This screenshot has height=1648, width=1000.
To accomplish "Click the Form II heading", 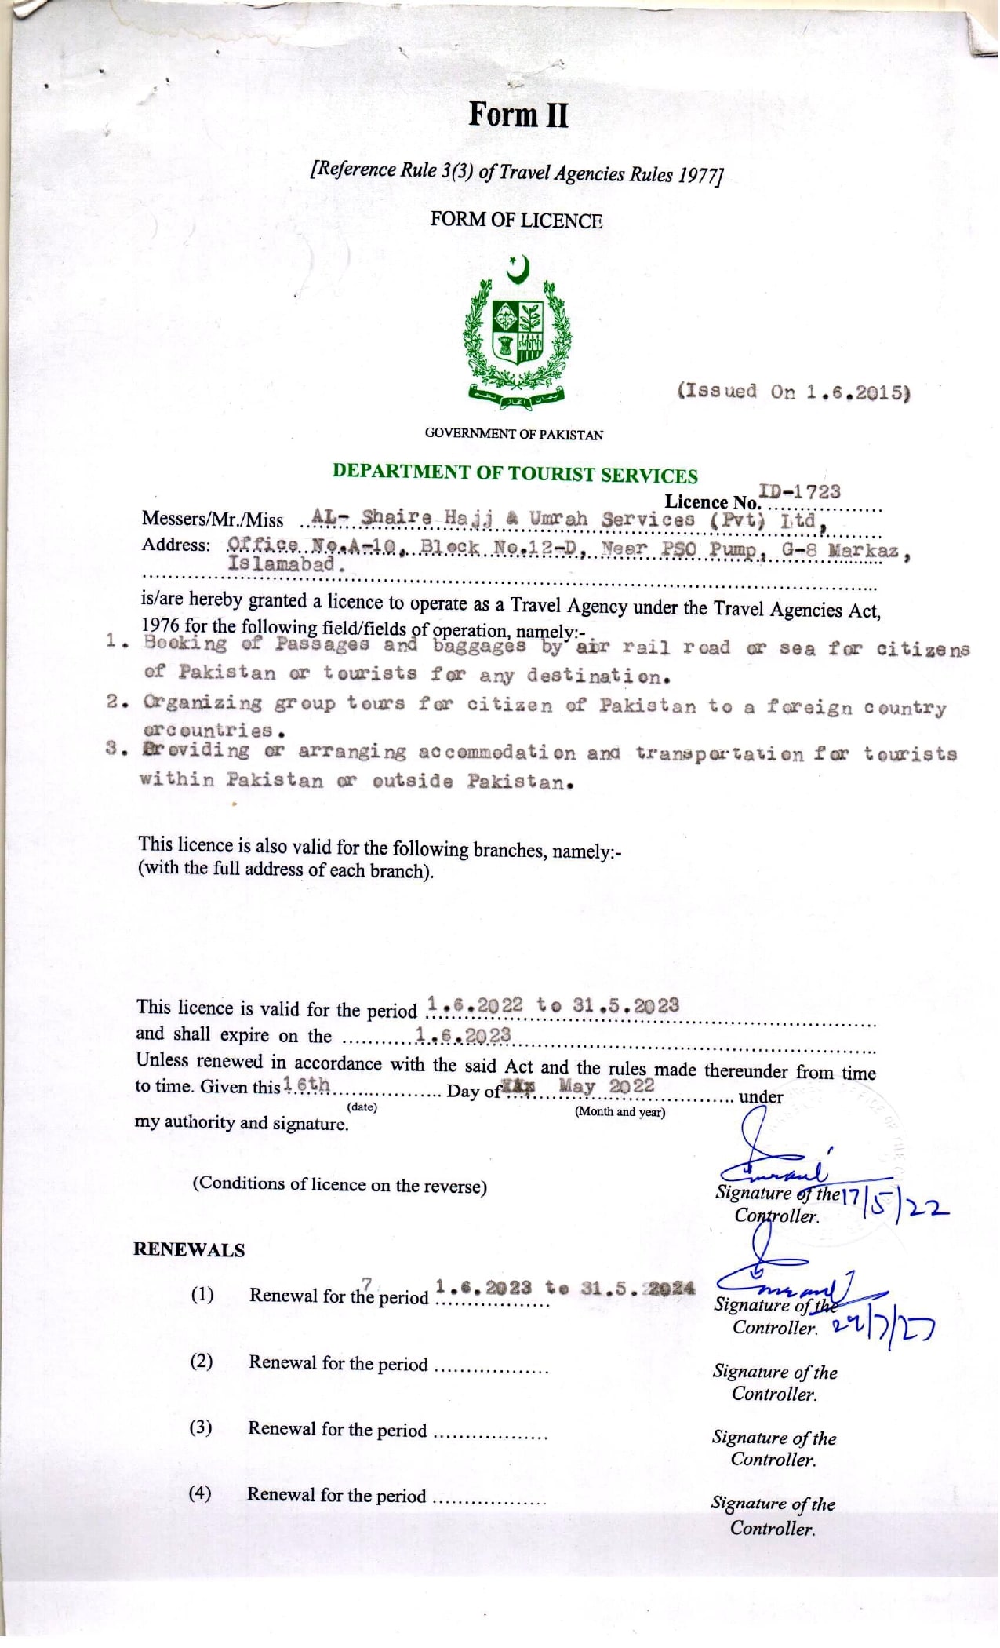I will (518, 115).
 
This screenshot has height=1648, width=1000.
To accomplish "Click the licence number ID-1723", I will (799, 492).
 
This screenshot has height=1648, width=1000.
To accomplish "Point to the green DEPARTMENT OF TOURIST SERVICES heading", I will (515, 474).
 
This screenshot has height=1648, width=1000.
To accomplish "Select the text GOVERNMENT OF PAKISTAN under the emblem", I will (514, 434).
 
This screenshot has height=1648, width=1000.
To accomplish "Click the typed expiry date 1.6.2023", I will (464, 1036).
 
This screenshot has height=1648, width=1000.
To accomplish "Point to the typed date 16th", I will (307, 1085).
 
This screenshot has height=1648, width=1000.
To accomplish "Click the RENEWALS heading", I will (189, 1250).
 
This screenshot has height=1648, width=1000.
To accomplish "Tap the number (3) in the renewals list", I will (201, 1427).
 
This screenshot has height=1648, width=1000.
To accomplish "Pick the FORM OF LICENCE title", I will (516, 221).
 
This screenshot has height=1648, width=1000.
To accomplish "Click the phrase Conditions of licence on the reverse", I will (340, 1184).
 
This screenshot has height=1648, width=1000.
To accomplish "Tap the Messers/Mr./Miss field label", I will (213, 520).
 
